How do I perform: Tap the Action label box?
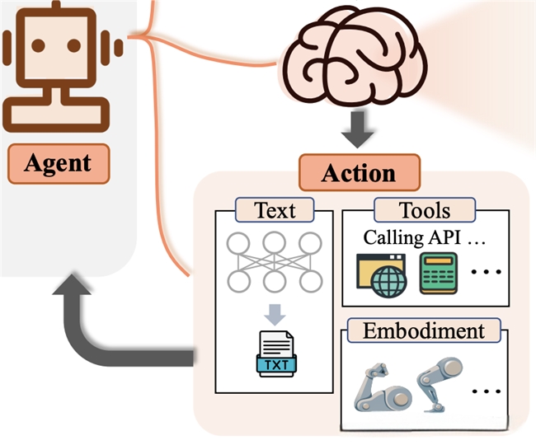click(x=359, y=174)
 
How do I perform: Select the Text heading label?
click(x=275, y=210)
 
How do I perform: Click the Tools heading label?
click(x=425, y=210)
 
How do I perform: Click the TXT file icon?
click(x=275, y=354)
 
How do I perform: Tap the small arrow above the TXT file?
click(x=275, y=314)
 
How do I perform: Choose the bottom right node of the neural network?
click(x=311, y=282)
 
